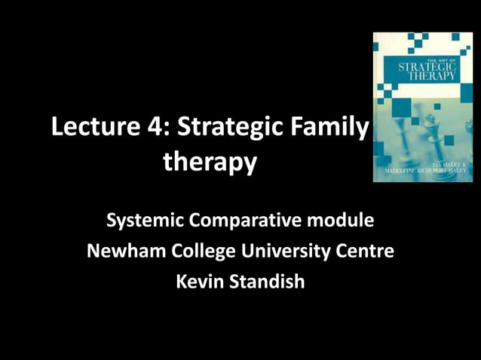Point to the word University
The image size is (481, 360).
285,252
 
